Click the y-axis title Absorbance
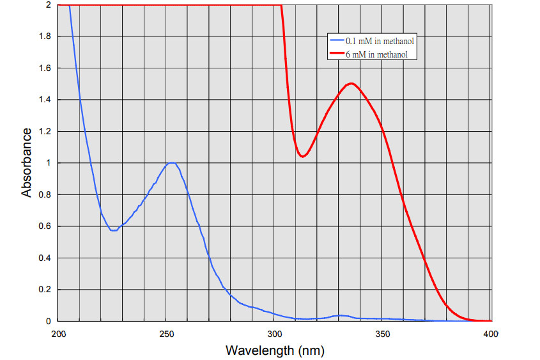(x=27, y=162)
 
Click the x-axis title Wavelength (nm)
(x=275, y=350)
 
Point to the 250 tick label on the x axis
(x=167, y=334)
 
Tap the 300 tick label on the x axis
(x=275, y=334)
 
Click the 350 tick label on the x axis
(x=383, y=334)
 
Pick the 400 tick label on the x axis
(x=491, y=334)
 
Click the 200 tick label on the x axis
(x=59, y=334)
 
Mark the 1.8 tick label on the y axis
(x=45, y=36)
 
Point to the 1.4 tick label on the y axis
(x=45, y=100)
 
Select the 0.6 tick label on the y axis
(x=45, y=226)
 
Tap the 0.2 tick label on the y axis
(x=45, y=290)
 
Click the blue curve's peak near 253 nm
(x=172, y=162)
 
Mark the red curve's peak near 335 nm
(x=351, y=84)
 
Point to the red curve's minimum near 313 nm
(x=303, y=156)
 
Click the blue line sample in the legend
(x=336, y=41)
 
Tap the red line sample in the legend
(x=336, y=55)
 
